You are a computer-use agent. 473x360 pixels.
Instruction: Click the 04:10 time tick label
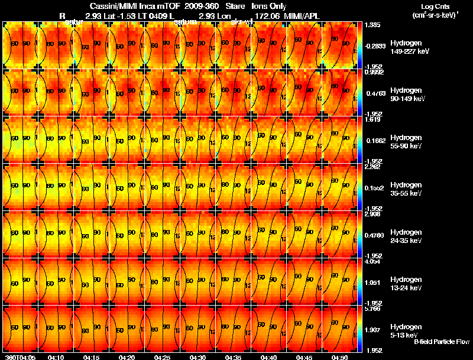[56, 357]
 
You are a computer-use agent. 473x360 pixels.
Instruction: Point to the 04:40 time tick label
[269, 357]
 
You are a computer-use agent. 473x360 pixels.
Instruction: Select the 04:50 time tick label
[339, 357]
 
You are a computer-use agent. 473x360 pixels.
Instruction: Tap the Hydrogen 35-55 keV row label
[405, 189]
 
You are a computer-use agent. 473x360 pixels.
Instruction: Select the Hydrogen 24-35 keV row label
[405, 236]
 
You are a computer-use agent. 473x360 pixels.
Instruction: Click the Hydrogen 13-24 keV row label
[405, 284]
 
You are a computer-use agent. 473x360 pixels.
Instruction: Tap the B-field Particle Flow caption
[441, 342]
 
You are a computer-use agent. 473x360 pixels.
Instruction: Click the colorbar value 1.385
[373, 25]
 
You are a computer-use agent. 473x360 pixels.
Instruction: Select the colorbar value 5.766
[373, 309]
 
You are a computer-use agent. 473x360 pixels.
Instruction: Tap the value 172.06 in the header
[267, 15]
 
